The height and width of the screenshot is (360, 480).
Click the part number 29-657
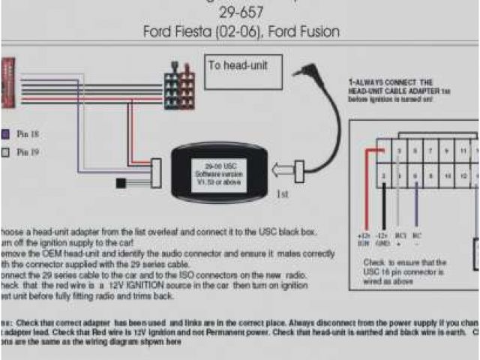pyautogui.click(x=241, y=13)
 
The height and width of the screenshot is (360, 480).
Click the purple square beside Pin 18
pyautogui.click(x=6, y=134)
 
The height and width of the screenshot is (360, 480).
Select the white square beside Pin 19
pyautogui.click(x=6, y=151)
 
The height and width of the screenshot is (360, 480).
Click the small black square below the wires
pyautogui.click(x=121, y=182)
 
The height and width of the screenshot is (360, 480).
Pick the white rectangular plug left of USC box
pyautogui.click(x=155, y=176)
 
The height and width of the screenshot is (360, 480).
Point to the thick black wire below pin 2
pyautogui.click(x=385, y=206)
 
